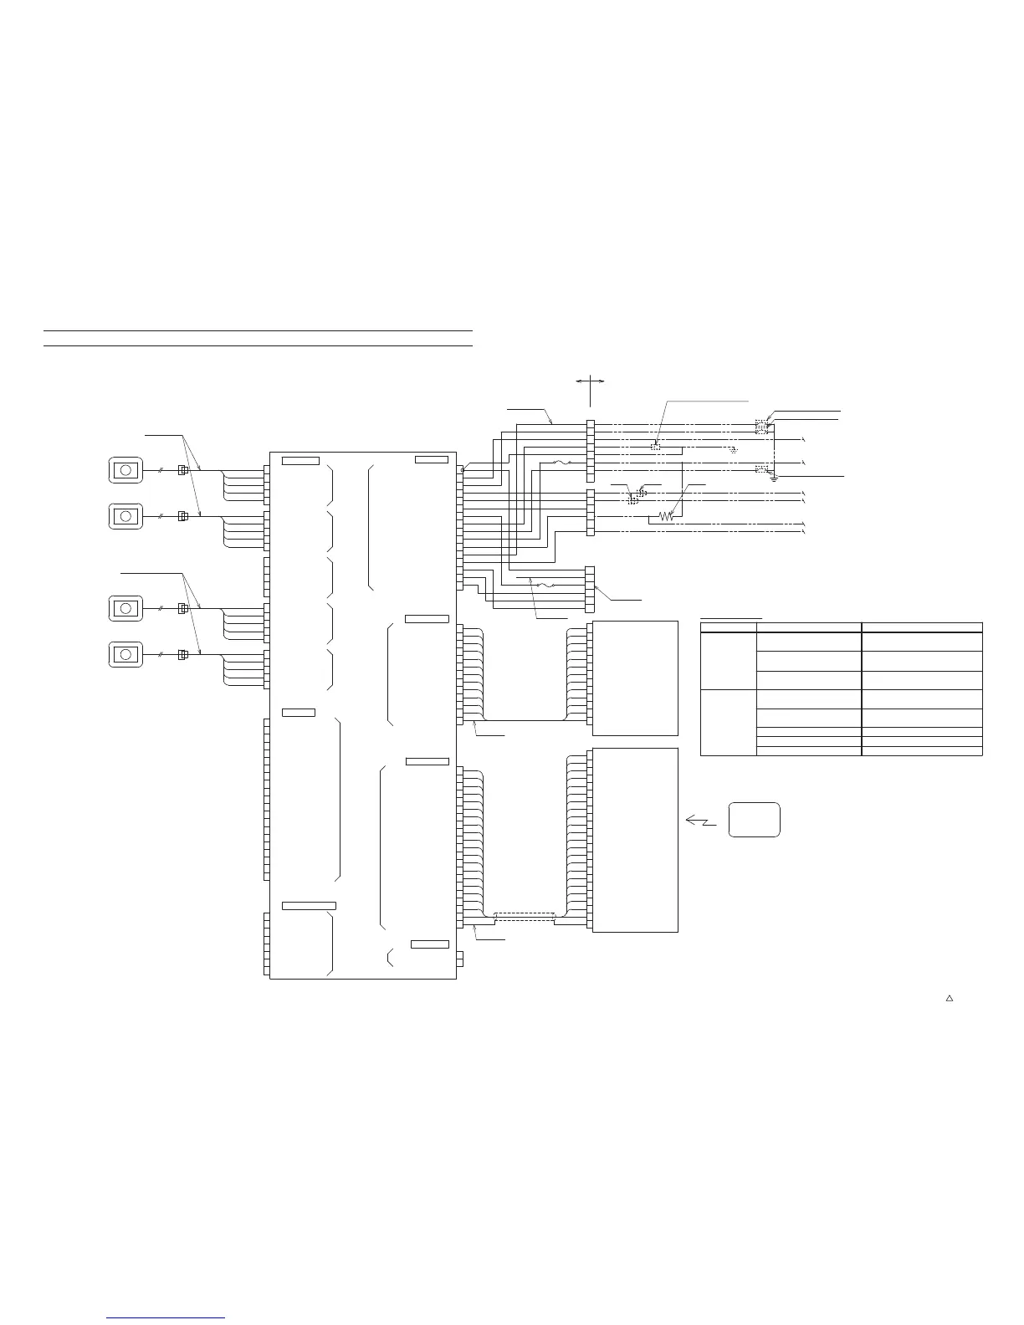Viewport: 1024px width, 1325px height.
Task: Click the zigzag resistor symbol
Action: coord(666,517)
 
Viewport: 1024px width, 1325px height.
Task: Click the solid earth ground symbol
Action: coord(775,479)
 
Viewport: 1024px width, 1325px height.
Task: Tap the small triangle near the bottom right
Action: coord(950,998)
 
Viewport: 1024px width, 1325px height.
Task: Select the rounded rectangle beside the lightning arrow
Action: coord(754,820)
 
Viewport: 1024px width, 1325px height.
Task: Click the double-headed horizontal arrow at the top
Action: coord(590,381)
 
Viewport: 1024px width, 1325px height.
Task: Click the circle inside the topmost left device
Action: coord(125,470)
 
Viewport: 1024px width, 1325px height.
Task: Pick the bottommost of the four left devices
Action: coord(125,654)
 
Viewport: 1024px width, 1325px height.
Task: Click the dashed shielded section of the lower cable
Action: coord(525,917)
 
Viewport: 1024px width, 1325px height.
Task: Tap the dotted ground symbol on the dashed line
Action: coord(733,450)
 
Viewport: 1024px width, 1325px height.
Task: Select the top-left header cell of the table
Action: coord(728,627)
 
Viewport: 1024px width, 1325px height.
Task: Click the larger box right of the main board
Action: coord(634,840)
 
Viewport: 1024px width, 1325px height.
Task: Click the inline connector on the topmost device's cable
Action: coord(183,470)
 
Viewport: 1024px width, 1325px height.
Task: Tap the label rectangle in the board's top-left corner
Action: coord(300,461)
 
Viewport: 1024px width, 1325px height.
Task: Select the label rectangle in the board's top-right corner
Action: coord(431,459)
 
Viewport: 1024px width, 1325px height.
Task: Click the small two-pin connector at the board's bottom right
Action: coord(459,959)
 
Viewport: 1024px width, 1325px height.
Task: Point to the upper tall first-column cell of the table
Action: coord(728,661)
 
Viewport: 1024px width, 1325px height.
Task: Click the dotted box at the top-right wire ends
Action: coord(761,427)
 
